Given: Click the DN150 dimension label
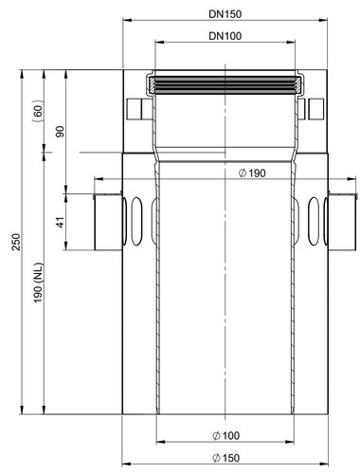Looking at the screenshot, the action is [225, 14].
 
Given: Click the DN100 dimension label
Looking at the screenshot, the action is [225, 36].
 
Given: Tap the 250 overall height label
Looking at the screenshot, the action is [16, 242].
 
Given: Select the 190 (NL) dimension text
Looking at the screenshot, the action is [38, 283].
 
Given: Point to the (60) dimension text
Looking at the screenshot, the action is [38, 109].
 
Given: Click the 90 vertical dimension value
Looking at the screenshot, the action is [60, 131].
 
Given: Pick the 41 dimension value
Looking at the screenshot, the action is [61, 222].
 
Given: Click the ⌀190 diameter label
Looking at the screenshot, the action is [252, 173].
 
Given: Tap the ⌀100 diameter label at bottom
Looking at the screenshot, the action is [226, 436].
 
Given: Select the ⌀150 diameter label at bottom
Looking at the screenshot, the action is [226, 458].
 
